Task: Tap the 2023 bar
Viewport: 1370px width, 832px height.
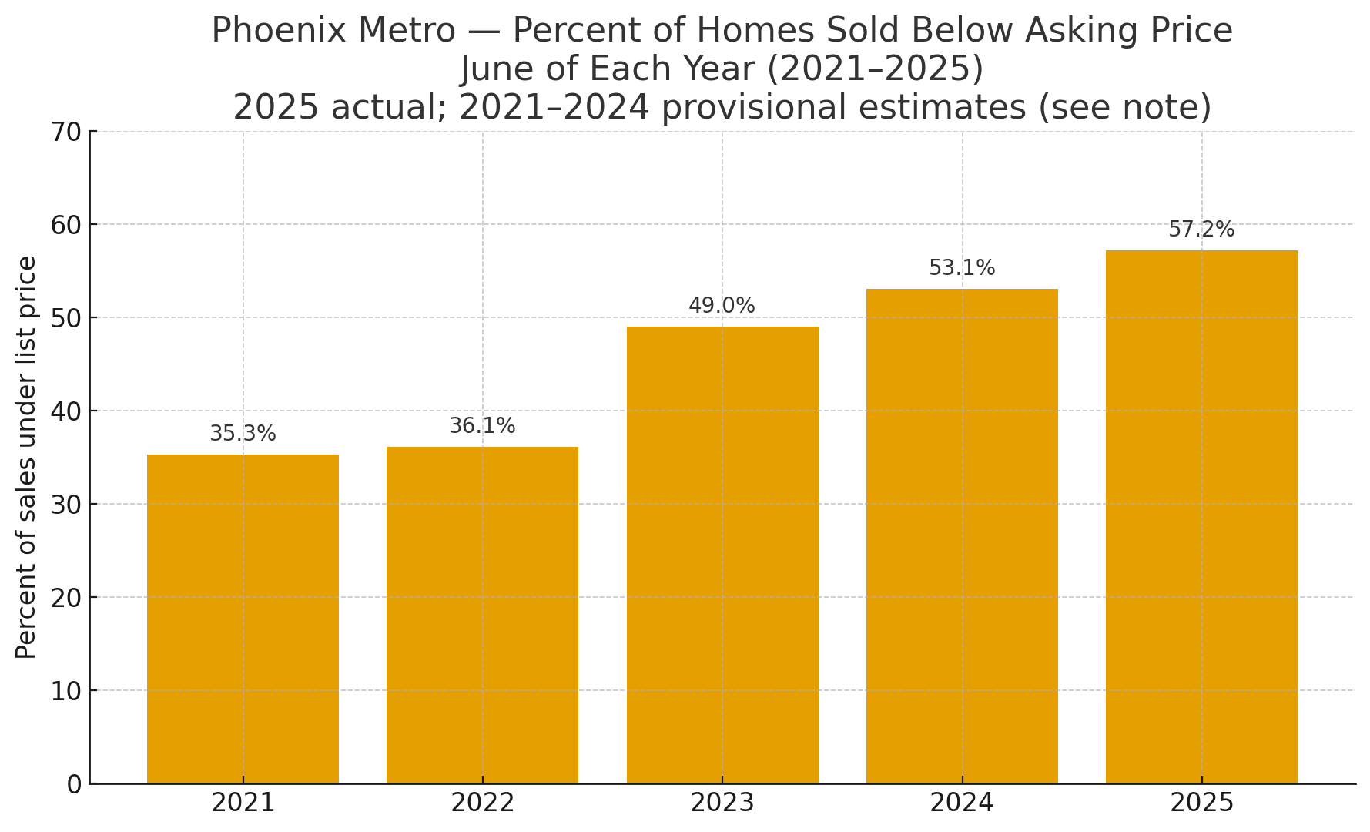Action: (x=722, y=555)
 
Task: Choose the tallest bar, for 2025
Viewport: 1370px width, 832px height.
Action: (x=1201, y=517)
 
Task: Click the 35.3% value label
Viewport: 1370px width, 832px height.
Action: (x=243, y=434)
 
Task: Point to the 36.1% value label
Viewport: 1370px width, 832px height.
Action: (x=482, y=426)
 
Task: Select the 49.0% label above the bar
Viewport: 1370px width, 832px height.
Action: (x=722, y=306)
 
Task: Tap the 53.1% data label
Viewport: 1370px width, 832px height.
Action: (x=962, y=268)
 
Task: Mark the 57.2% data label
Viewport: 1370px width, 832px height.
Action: (x=1201, y=230)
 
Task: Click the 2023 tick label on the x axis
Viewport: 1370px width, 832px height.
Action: (x=722, y=803)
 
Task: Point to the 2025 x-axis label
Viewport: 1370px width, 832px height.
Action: (x=1201, y=803)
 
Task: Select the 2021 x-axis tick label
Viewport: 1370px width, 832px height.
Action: (x=243, y=803)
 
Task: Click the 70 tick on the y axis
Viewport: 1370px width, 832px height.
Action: (x=66, y=132)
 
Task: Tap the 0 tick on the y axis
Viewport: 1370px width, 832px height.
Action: (x=74, y=784)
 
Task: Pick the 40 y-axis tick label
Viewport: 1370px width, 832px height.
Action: (x=66, y=411)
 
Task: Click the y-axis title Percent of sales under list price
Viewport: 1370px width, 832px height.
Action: (x=26, y=457)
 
